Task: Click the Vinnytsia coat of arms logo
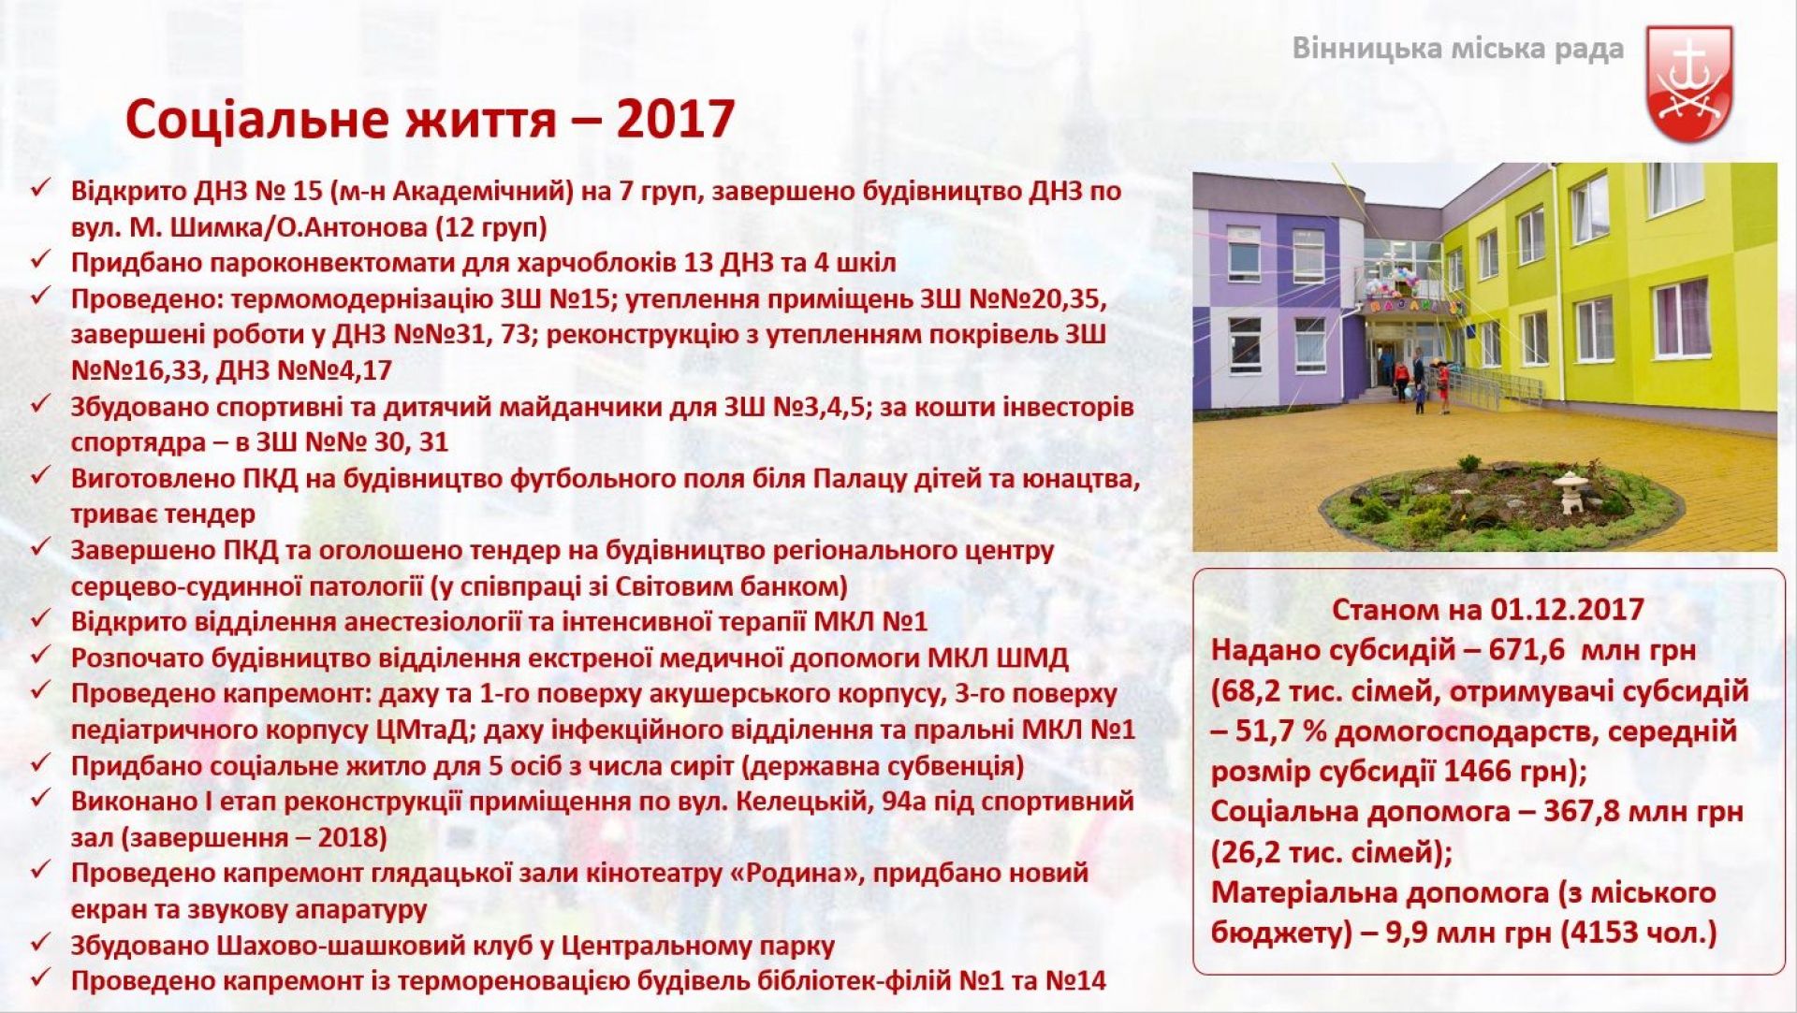[x=1689, y=84]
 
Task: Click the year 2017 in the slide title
[x=676, y=120]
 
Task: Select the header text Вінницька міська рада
[x=1457, y=49]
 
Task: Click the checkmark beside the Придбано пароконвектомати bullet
[x=40, y=260]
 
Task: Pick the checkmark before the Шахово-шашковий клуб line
[x=40, y=944]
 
